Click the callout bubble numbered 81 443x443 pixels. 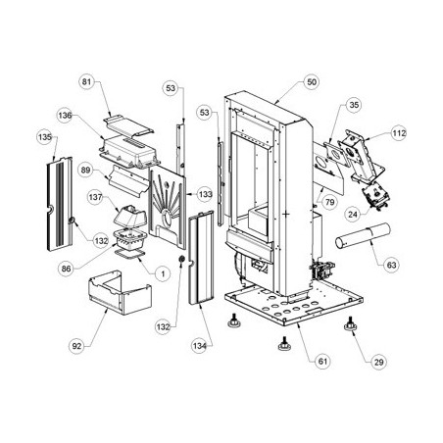86,81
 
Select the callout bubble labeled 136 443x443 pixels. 65,116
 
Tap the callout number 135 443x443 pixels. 45,137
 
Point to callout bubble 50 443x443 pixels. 312,81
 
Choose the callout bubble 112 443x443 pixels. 399,133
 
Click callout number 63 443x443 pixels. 391,265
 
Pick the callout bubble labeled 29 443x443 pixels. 378,362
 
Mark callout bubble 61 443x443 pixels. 322,362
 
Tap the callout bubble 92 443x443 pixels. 76,346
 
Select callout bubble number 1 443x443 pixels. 163,273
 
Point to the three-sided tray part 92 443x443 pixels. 120,293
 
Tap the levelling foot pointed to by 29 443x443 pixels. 350,324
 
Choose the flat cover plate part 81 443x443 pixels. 128,125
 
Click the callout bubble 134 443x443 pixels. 199,346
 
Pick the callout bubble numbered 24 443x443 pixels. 353,215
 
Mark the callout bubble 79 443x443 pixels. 329,202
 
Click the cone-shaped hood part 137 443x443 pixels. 130,216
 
